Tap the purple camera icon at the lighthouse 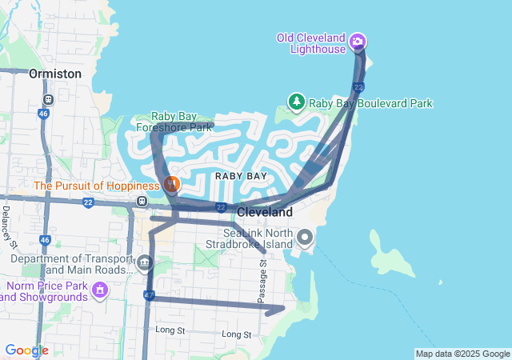(358, 41)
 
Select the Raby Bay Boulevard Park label (370, 103)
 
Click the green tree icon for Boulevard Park (297, 102)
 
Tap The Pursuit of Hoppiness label (96, 186)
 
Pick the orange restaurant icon (171, 185)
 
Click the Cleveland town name (264, 212)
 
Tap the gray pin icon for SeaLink (305, 238)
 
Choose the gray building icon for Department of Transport (144, 262)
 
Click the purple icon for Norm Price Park (101, 288)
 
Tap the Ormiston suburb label (55, 74)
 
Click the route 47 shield (149, 295)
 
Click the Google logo (26, 350)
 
